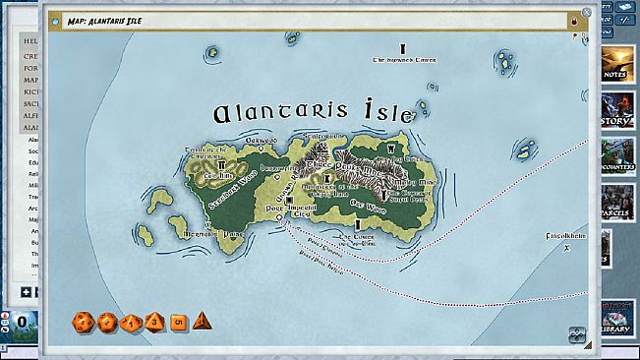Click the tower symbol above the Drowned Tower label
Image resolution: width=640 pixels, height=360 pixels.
[402, 48]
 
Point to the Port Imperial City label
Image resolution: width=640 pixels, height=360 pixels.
[290, 210]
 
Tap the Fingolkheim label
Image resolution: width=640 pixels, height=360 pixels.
[567, 237]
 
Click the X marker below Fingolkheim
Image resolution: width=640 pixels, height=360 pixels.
[565, 248]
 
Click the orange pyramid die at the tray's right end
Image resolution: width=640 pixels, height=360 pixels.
[202, 322]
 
